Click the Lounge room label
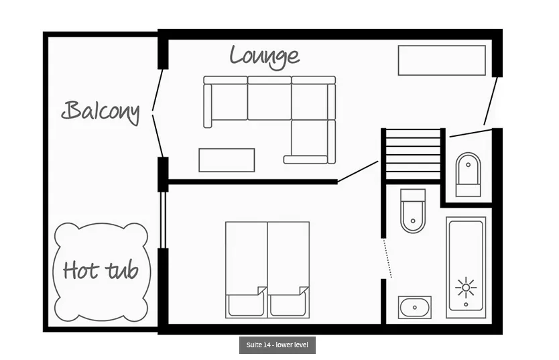point(265,57)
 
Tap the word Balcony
point(101,112)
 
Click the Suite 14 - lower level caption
point(277,345)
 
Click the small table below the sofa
point(227,160)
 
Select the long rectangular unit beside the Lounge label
point(442,60)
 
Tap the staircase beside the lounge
point(413,154)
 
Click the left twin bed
point(247,269)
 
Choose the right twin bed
point(288,269)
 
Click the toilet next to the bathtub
point(413,211)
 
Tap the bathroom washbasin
point(415,307)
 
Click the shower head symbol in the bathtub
point(466,288)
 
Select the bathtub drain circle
point(466,305)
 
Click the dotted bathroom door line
point(387,258)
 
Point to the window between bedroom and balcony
point(163,221)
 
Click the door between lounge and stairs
point(357,172)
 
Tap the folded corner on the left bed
point(262,290)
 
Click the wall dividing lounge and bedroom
point(253,182)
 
